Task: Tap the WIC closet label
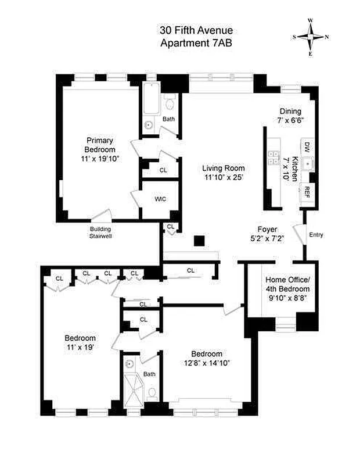[x=160, y=199]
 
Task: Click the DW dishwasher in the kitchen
[x=307, y=148]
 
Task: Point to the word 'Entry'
[x=316, y=235]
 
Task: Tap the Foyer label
[x=268, y=229]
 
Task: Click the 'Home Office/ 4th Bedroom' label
[x=289, y=281]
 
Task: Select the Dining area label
[x=291, y=112]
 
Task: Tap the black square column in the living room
[x=199, y=241]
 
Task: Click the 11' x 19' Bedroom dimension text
[x=80, y=347]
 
